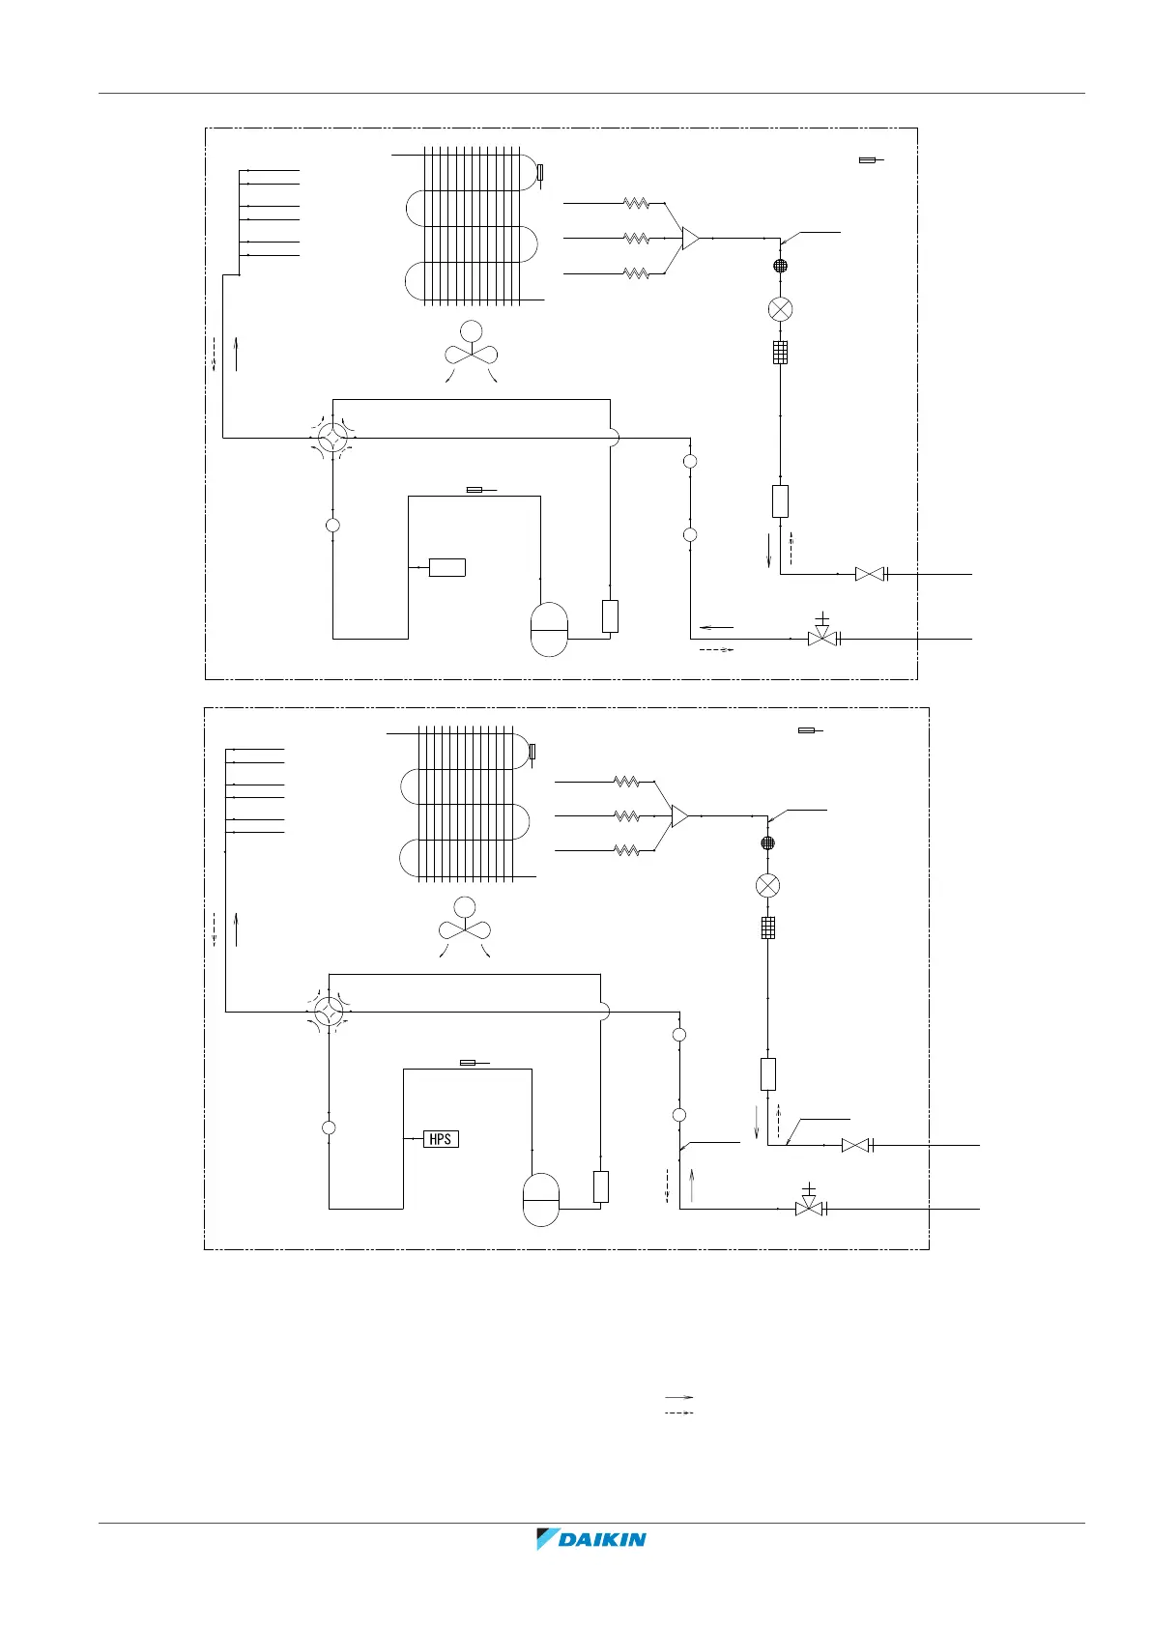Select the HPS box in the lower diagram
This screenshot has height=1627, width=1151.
click(x=441, y=1139)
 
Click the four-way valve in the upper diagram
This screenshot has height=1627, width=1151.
click(x=332, y=438)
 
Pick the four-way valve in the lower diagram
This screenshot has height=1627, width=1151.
click(x=329, y=1012)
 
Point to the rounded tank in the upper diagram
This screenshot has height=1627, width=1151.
click(x=549, y=629)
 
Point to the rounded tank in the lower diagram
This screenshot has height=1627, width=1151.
click(x=540, y=1199)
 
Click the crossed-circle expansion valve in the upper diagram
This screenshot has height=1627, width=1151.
click(x=780, y=309)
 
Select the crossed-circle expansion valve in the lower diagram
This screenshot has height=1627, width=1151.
click(x=767, y=885)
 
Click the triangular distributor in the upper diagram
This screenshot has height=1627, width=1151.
click(x=690, y=238)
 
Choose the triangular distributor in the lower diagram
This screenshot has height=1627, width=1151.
click(x=679, y=815)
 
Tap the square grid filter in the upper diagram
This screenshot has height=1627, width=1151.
click(x=780, y=353)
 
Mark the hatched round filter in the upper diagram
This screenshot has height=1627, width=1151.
click(x=780, y=266)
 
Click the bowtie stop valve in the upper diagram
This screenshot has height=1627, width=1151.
click(x=870, y=574)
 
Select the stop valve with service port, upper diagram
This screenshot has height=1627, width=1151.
click(x=822, y=636)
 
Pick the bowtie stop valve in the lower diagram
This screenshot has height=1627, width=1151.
click(x=855, y=1145)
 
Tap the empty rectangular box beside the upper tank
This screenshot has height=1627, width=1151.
click(x=610, y=616)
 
